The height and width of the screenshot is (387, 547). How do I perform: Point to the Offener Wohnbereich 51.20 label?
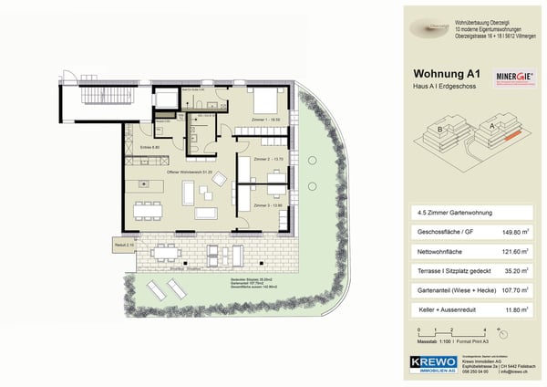click(189, 171)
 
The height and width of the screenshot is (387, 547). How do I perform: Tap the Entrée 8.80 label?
click(150, 147)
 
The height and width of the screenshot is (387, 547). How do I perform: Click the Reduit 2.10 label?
click(124, 245)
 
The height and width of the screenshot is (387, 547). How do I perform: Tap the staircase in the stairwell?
click(90, 96)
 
